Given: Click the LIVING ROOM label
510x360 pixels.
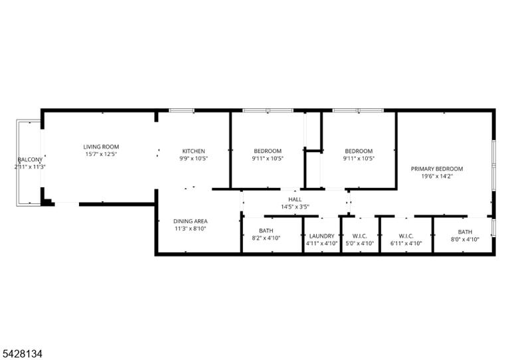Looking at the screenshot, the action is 101,147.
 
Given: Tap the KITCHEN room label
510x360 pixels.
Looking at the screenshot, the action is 193,151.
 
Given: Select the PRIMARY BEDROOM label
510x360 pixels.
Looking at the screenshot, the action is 437,169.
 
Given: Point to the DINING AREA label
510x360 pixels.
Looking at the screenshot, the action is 191,221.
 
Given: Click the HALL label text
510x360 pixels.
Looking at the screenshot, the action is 295,199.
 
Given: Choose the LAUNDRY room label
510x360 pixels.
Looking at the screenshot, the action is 321,236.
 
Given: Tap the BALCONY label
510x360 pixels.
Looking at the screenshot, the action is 30,159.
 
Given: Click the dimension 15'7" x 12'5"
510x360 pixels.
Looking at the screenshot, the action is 101,155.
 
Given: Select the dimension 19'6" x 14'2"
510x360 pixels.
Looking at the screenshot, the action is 437,176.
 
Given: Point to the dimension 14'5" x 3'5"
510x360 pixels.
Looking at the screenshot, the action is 295,207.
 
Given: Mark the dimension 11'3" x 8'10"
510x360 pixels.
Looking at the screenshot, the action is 191,228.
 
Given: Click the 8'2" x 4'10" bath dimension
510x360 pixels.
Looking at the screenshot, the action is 266,238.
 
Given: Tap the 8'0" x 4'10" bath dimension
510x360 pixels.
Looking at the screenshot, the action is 465,239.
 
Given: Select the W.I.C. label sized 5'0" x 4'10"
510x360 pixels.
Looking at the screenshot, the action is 360,236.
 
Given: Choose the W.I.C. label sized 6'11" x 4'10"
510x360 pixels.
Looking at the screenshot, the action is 406,236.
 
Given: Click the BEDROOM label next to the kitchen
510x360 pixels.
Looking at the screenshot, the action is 268,151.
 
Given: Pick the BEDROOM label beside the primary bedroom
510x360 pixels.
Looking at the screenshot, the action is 359,151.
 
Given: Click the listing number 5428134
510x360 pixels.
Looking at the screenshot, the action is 23,354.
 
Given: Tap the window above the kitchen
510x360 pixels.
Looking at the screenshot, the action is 181,110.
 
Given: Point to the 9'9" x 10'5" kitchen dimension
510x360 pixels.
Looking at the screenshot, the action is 193,159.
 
